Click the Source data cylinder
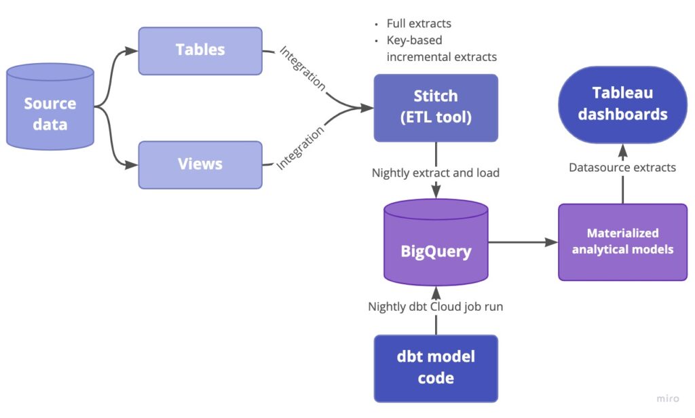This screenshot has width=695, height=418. pos(50,107)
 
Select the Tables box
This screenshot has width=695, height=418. pos(200,51)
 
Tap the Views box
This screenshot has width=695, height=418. pos(200,165)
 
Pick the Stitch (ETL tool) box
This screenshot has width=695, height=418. pos(436,108)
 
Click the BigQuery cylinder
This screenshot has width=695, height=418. pos(436,242)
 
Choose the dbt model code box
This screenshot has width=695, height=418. pos(436,368)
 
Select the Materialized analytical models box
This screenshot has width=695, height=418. pos(623,242)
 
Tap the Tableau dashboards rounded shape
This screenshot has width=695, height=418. pos(623,104)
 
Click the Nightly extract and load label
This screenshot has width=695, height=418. pos(436,172)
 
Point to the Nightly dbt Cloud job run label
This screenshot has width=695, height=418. pos(436,306)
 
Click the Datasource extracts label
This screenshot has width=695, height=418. pos(623,167)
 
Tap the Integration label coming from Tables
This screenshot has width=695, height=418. pos(303,68)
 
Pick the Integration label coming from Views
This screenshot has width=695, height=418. pos(300,148)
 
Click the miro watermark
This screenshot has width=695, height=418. pos(668,398)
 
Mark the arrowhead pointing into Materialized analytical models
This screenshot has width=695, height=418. pos(551,242)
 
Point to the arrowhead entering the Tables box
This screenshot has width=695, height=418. pos(132,51)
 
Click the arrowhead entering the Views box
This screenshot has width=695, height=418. pos(132,165)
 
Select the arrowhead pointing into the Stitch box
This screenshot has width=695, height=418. pos(367,108)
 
